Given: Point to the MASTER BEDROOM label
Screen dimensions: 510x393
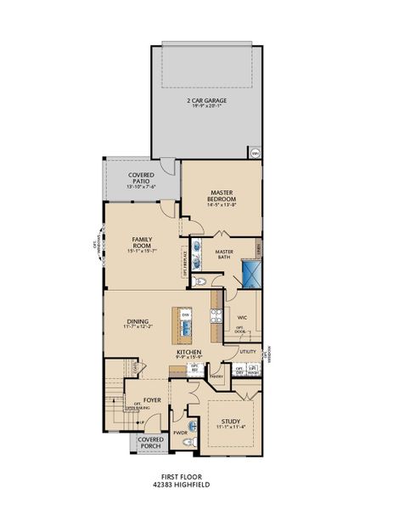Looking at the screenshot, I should (x=222, y=196).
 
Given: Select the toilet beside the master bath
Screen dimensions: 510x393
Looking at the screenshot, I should (x=200, y=283).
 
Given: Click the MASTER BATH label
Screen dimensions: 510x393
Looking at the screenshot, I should (x=224, y=254).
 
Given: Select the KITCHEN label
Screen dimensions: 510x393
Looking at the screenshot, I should (x=188, y=352).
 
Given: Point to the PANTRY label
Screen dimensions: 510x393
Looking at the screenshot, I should (x=216, y=375).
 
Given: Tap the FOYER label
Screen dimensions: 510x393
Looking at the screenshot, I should (x=152, y=398).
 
